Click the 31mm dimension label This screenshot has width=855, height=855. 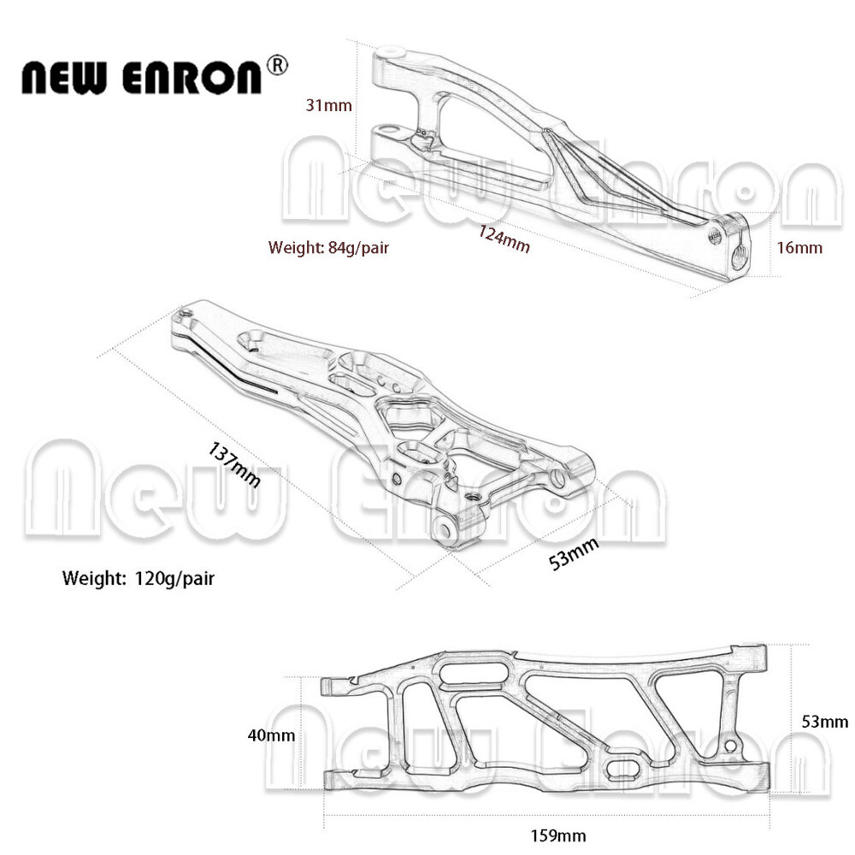point(329,105)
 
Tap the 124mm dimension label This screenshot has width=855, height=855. point(504,239)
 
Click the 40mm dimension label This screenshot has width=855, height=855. point(271,734)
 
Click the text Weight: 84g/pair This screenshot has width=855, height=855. point(329,248)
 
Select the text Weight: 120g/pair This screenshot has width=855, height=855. point(139,578)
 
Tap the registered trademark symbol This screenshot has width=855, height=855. point(279,65)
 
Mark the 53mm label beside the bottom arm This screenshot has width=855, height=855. point(825,722)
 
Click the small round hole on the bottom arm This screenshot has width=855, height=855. point(729,746)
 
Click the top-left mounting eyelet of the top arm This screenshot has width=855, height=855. point(389,53)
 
